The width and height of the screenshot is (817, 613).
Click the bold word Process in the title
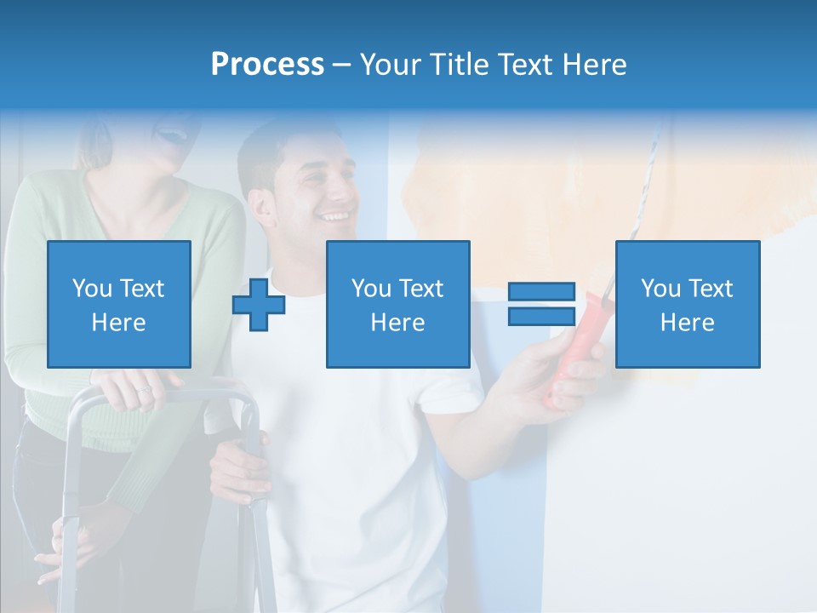pos(267,64)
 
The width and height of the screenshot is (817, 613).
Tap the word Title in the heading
pos(455,64)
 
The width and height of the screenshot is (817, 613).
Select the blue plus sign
pos(259,305)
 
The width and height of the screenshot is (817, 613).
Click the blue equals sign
pos(541,305)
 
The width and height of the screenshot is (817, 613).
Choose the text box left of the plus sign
pos(119,304)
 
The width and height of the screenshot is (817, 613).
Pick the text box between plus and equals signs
pos(397,304)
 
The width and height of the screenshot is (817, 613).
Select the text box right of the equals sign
pos(687,304)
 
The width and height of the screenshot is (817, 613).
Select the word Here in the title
pos(593,64)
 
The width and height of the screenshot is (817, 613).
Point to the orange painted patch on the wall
pos(511,204)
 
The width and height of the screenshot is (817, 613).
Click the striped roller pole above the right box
pos(647,179)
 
